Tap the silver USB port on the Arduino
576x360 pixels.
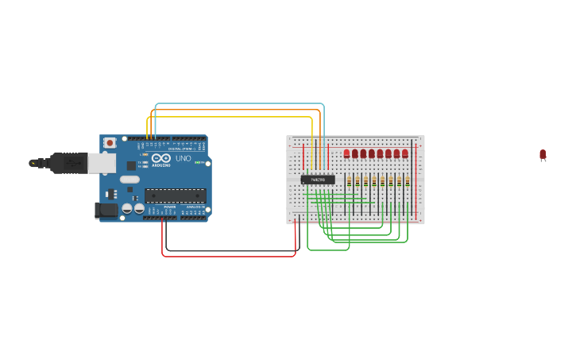[101, 163]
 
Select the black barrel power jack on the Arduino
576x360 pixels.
[106, 211]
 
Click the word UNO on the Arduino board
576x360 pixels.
[183, 158]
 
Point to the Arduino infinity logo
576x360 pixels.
[161, 158]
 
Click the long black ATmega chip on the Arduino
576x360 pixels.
[175, 195]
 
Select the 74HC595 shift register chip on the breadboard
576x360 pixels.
[318, 180]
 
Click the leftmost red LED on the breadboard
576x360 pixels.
[346, 153]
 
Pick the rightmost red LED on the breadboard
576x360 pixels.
[404, 153]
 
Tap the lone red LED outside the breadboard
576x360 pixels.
[543, 154]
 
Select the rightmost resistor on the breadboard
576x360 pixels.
[408, 182]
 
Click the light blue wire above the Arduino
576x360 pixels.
[238, 104]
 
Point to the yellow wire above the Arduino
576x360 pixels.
[230, 118]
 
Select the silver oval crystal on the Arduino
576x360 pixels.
[130, 180]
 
